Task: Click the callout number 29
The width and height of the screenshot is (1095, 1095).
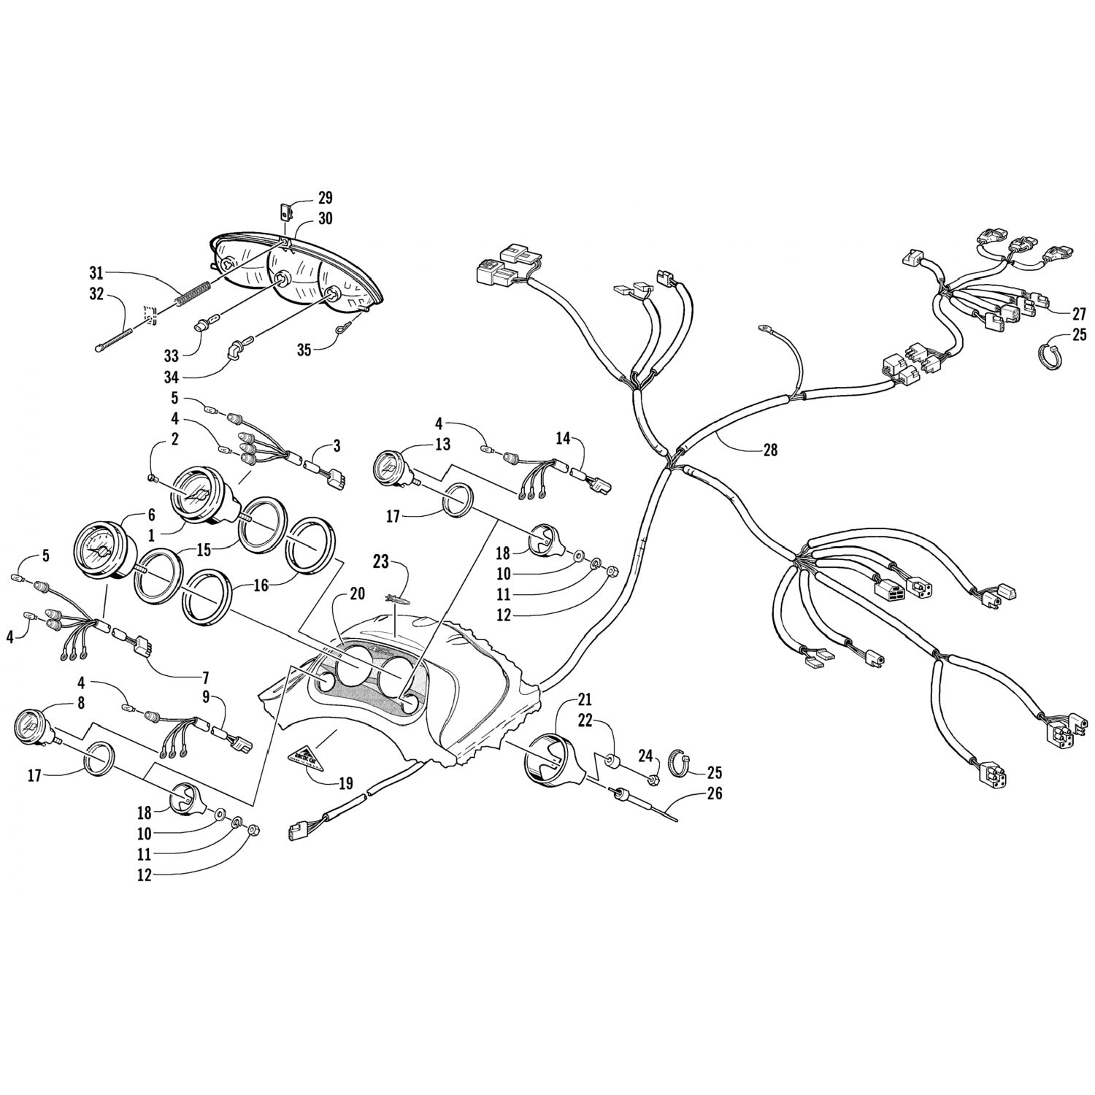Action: (325, 197)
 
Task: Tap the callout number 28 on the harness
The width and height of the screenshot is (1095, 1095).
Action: (769, 450)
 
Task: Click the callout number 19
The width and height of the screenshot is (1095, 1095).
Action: (346, 783)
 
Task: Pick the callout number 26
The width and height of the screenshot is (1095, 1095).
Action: (715, 793)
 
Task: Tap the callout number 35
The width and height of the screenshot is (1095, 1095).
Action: (304, 350)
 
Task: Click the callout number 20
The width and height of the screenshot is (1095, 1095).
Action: (356, 594)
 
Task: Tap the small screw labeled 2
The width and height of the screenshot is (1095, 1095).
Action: (152, 479)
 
